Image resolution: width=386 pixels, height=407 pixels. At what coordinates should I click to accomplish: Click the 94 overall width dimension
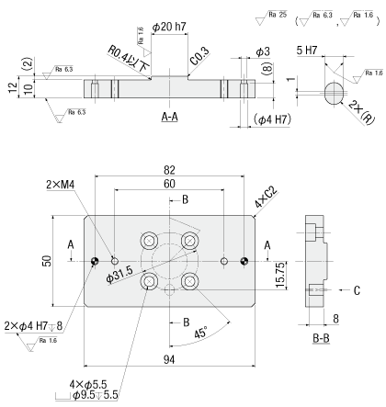coord(169,359)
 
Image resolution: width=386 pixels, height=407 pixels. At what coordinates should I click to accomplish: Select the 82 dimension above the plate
coord(169,170)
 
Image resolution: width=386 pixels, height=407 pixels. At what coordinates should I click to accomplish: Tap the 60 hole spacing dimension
coord(169,184)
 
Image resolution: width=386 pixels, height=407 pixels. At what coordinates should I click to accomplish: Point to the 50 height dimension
coord(47,261)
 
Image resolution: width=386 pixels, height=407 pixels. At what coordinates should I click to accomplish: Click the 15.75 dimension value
coord(280,275)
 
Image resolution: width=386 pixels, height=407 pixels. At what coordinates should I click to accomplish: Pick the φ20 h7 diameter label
coord(169,27)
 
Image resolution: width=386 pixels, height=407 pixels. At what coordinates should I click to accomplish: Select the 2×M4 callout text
coord(61,185)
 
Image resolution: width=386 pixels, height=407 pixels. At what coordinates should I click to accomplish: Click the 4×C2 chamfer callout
coord(266,198)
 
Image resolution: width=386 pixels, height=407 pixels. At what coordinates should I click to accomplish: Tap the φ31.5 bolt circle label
coord(119,275)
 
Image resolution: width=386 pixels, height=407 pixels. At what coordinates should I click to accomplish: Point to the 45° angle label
coord(200,333)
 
